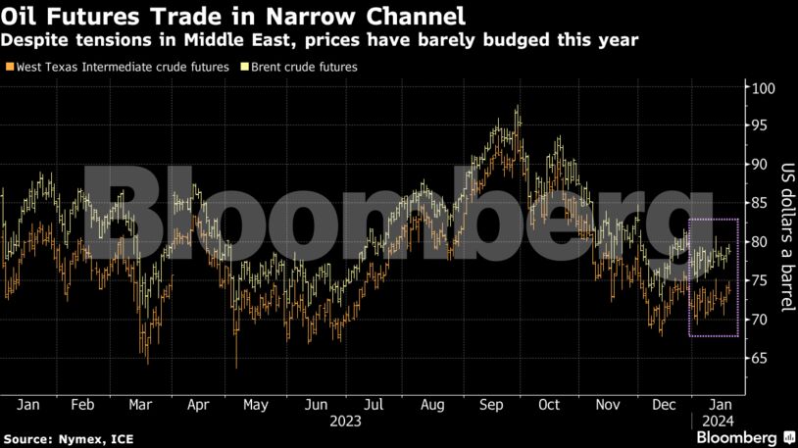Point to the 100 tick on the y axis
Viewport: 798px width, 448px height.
761,88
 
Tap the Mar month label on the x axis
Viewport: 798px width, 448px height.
140,404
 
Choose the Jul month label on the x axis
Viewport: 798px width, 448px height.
373,404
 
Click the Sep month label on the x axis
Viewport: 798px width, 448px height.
491,404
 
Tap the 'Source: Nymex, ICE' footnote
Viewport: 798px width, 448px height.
60,437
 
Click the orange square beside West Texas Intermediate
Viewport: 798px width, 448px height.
10,68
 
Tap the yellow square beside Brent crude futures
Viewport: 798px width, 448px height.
244,68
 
